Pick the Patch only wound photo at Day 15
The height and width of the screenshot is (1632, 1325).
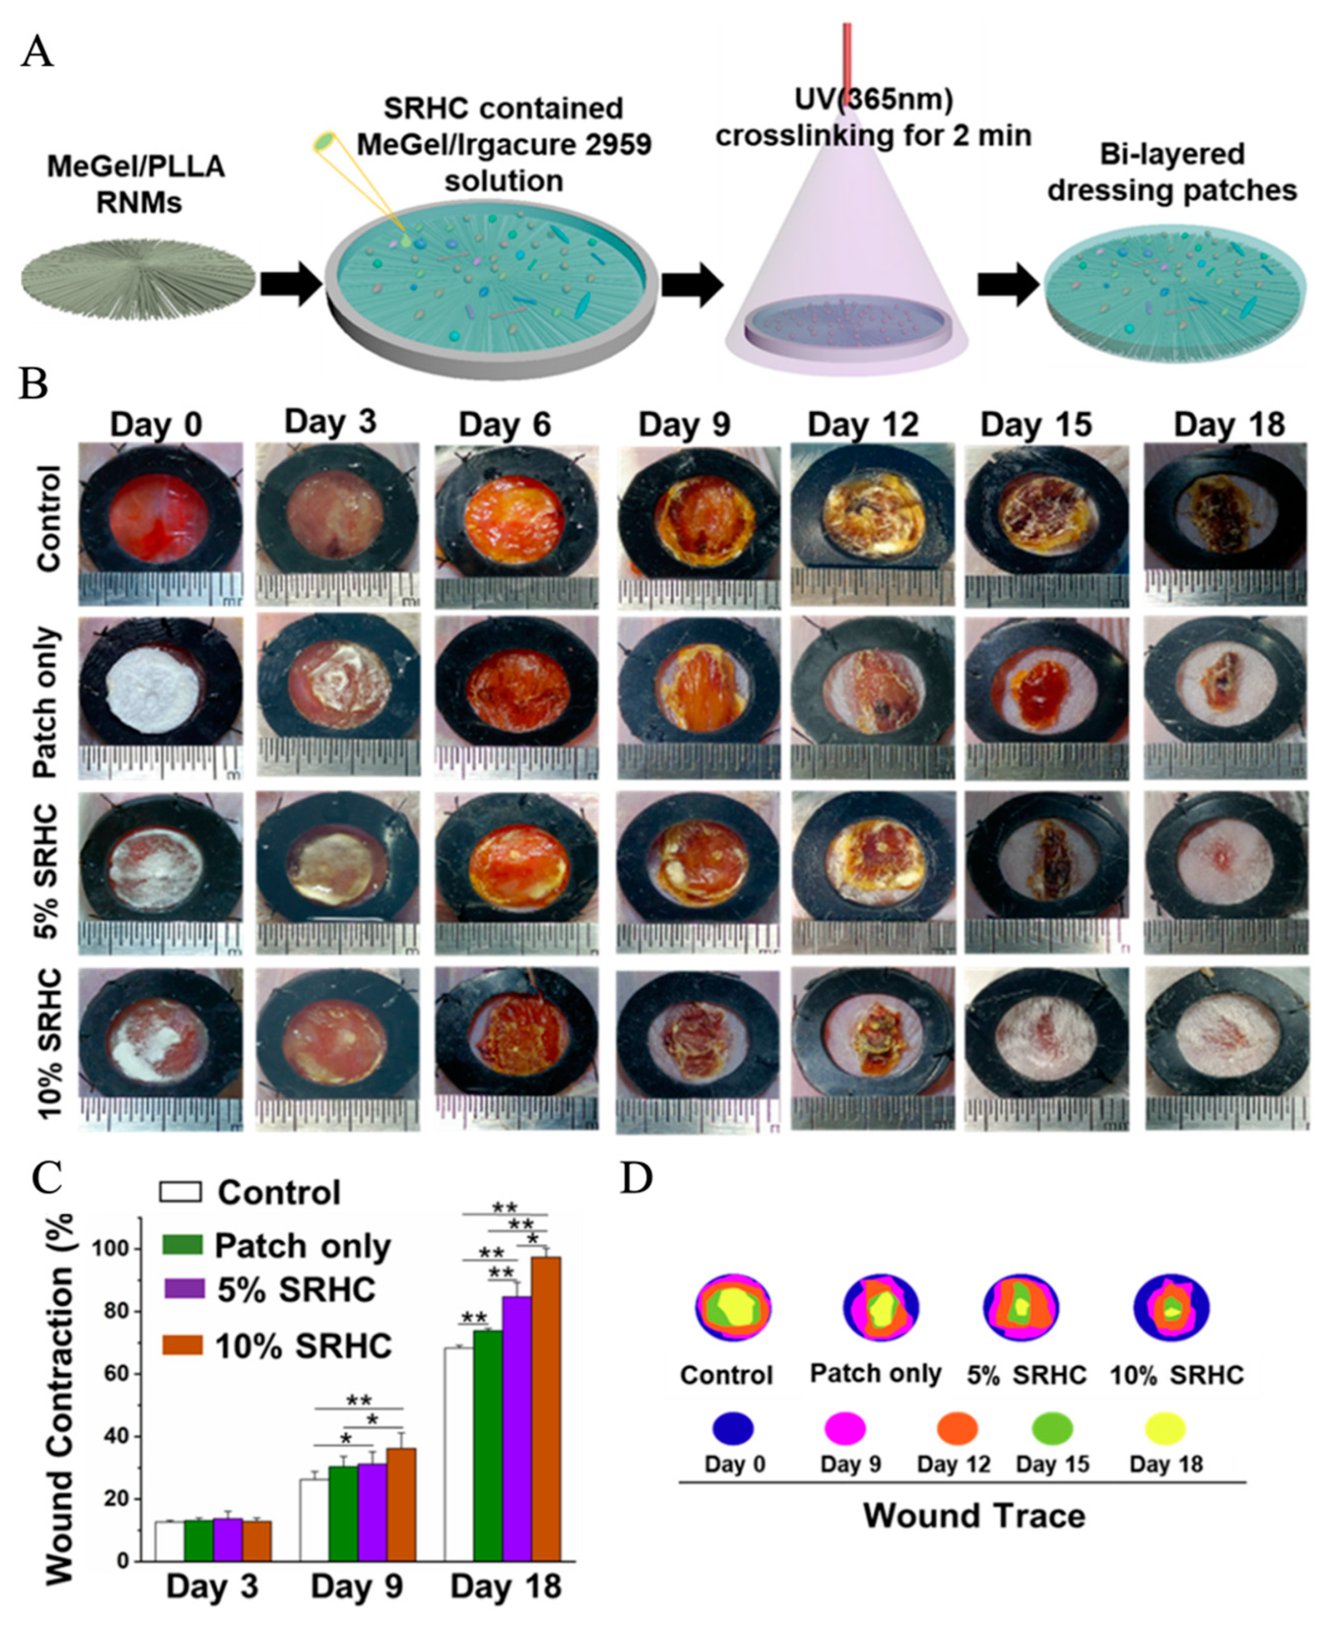1046,698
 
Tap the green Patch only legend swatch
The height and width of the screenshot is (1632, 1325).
183,1245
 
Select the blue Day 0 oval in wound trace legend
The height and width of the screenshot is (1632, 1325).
733,1428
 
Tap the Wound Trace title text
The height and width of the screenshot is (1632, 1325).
973,1515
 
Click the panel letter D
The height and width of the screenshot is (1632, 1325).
636,1178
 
